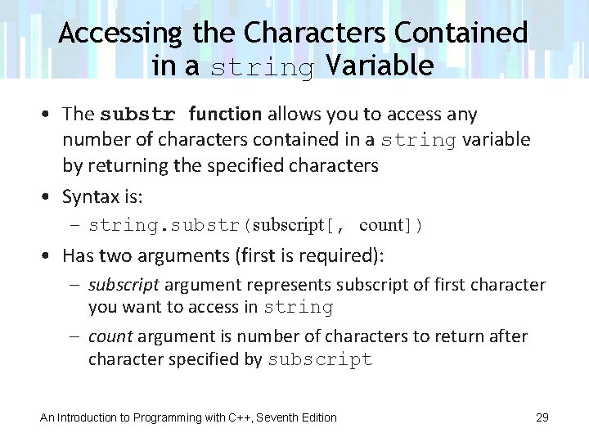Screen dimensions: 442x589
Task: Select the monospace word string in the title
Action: coord(262,67)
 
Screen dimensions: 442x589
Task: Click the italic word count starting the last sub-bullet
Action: coord(110,336)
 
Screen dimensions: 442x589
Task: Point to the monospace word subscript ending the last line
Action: coord(320,359)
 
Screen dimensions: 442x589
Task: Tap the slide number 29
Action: coord(542,417)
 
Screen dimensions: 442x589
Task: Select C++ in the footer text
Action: coord(237,417)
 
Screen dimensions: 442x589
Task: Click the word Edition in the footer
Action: coord(317,417)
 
